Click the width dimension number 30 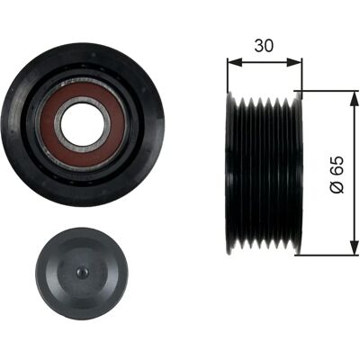[264, 46]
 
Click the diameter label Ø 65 [337, 175]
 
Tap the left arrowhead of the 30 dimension [235, 62]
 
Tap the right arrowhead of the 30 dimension [294, 62]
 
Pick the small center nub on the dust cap [82, 272]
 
